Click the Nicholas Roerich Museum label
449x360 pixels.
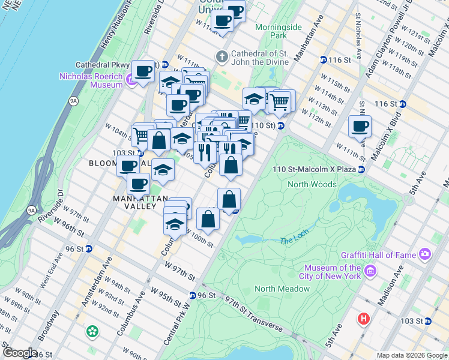tap(91, 80)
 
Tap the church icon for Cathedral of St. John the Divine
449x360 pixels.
tap(221, 57)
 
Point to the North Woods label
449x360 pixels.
tap(312, 184)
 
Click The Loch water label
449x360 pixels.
tap(293, 241)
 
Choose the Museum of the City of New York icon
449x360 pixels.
tap(370, 272)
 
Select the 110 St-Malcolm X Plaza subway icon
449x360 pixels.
tap(361, 170)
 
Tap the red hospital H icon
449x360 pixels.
tap(363, 319)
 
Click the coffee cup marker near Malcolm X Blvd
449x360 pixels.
tap(360, 127)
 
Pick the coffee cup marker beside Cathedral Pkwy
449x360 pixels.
tap(143, 72)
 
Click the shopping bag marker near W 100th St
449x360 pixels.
tap(208, 220)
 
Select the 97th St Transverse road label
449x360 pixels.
tap(252, 317)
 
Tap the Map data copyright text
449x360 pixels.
tap(411, 355)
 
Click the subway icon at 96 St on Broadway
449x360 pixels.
tap(88, 249)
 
